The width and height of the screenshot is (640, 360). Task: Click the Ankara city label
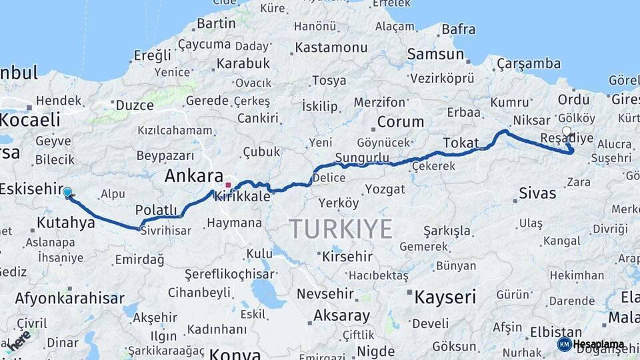coord(193,177)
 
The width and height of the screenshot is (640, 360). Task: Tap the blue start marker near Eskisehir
coord(67,193)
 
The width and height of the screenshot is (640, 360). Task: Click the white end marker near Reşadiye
coord(567,131)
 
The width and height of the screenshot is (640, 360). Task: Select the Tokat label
coord(461,143)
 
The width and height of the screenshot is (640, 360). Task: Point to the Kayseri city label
coord(445,297)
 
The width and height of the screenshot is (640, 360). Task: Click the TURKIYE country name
coord(341,229)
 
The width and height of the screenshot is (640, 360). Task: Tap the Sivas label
coord(537,193)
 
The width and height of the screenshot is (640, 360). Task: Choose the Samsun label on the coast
coord(435,55)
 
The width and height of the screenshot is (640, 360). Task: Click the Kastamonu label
coord(331,47)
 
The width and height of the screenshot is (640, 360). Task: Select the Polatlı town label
coord(156,210)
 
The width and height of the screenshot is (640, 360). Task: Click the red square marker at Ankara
coord(228,185)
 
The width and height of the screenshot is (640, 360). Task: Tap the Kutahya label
coord(66,223)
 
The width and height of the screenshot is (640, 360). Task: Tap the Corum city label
coord(400,122)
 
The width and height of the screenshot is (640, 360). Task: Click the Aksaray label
coord(341,315)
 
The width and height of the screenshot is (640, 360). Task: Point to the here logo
coord(18,339)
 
